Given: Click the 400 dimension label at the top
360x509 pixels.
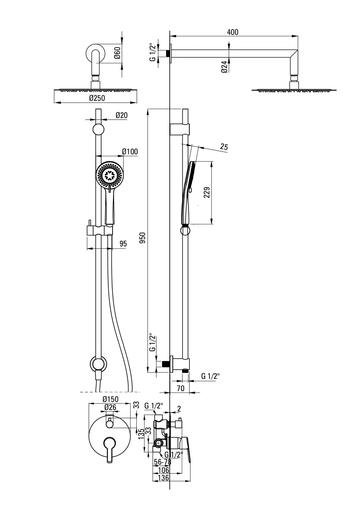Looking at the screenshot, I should tap(233, 32).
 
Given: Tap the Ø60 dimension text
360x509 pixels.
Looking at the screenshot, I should tap(117, 52).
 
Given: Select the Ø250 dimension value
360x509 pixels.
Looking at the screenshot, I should tap(97, 98).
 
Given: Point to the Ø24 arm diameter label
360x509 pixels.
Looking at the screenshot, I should tap(224, 67).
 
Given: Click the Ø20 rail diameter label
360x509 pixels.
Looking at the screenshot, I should tap(121, 115).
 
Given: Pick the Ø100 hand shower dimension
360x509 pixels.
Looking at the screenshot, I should tap(130, 151).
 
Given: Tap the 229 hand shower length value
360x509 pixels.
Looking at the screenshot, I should tap(207, 192).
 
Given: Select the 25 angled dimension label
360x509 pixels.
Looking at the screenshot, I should tap(224, 147).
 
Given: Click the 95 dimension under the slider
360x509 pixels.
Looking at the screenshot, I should tap(123, 244).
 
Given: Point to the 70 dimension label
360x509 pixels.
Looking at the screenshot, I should tap(180, 388).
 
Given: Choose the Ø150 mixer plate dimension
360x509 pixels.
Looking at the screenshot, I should tap(110, 399).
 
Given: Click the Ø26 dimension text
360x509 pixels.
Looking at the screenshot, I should tap(110, 407).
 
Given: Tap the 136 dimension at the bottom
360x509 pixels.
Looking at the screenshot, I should tap(164, 478).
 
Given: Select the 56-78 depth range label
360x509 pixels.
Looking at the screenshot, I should tap(162, 462).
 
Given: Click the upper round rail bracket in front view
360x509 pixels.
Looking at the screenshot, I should tap(98, 129).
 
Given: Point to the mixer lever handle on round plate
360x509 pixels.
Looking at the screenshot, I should tap(109, 449).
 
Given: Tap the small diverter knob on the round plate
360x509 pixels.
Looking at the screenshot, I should tap(109, 423).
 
